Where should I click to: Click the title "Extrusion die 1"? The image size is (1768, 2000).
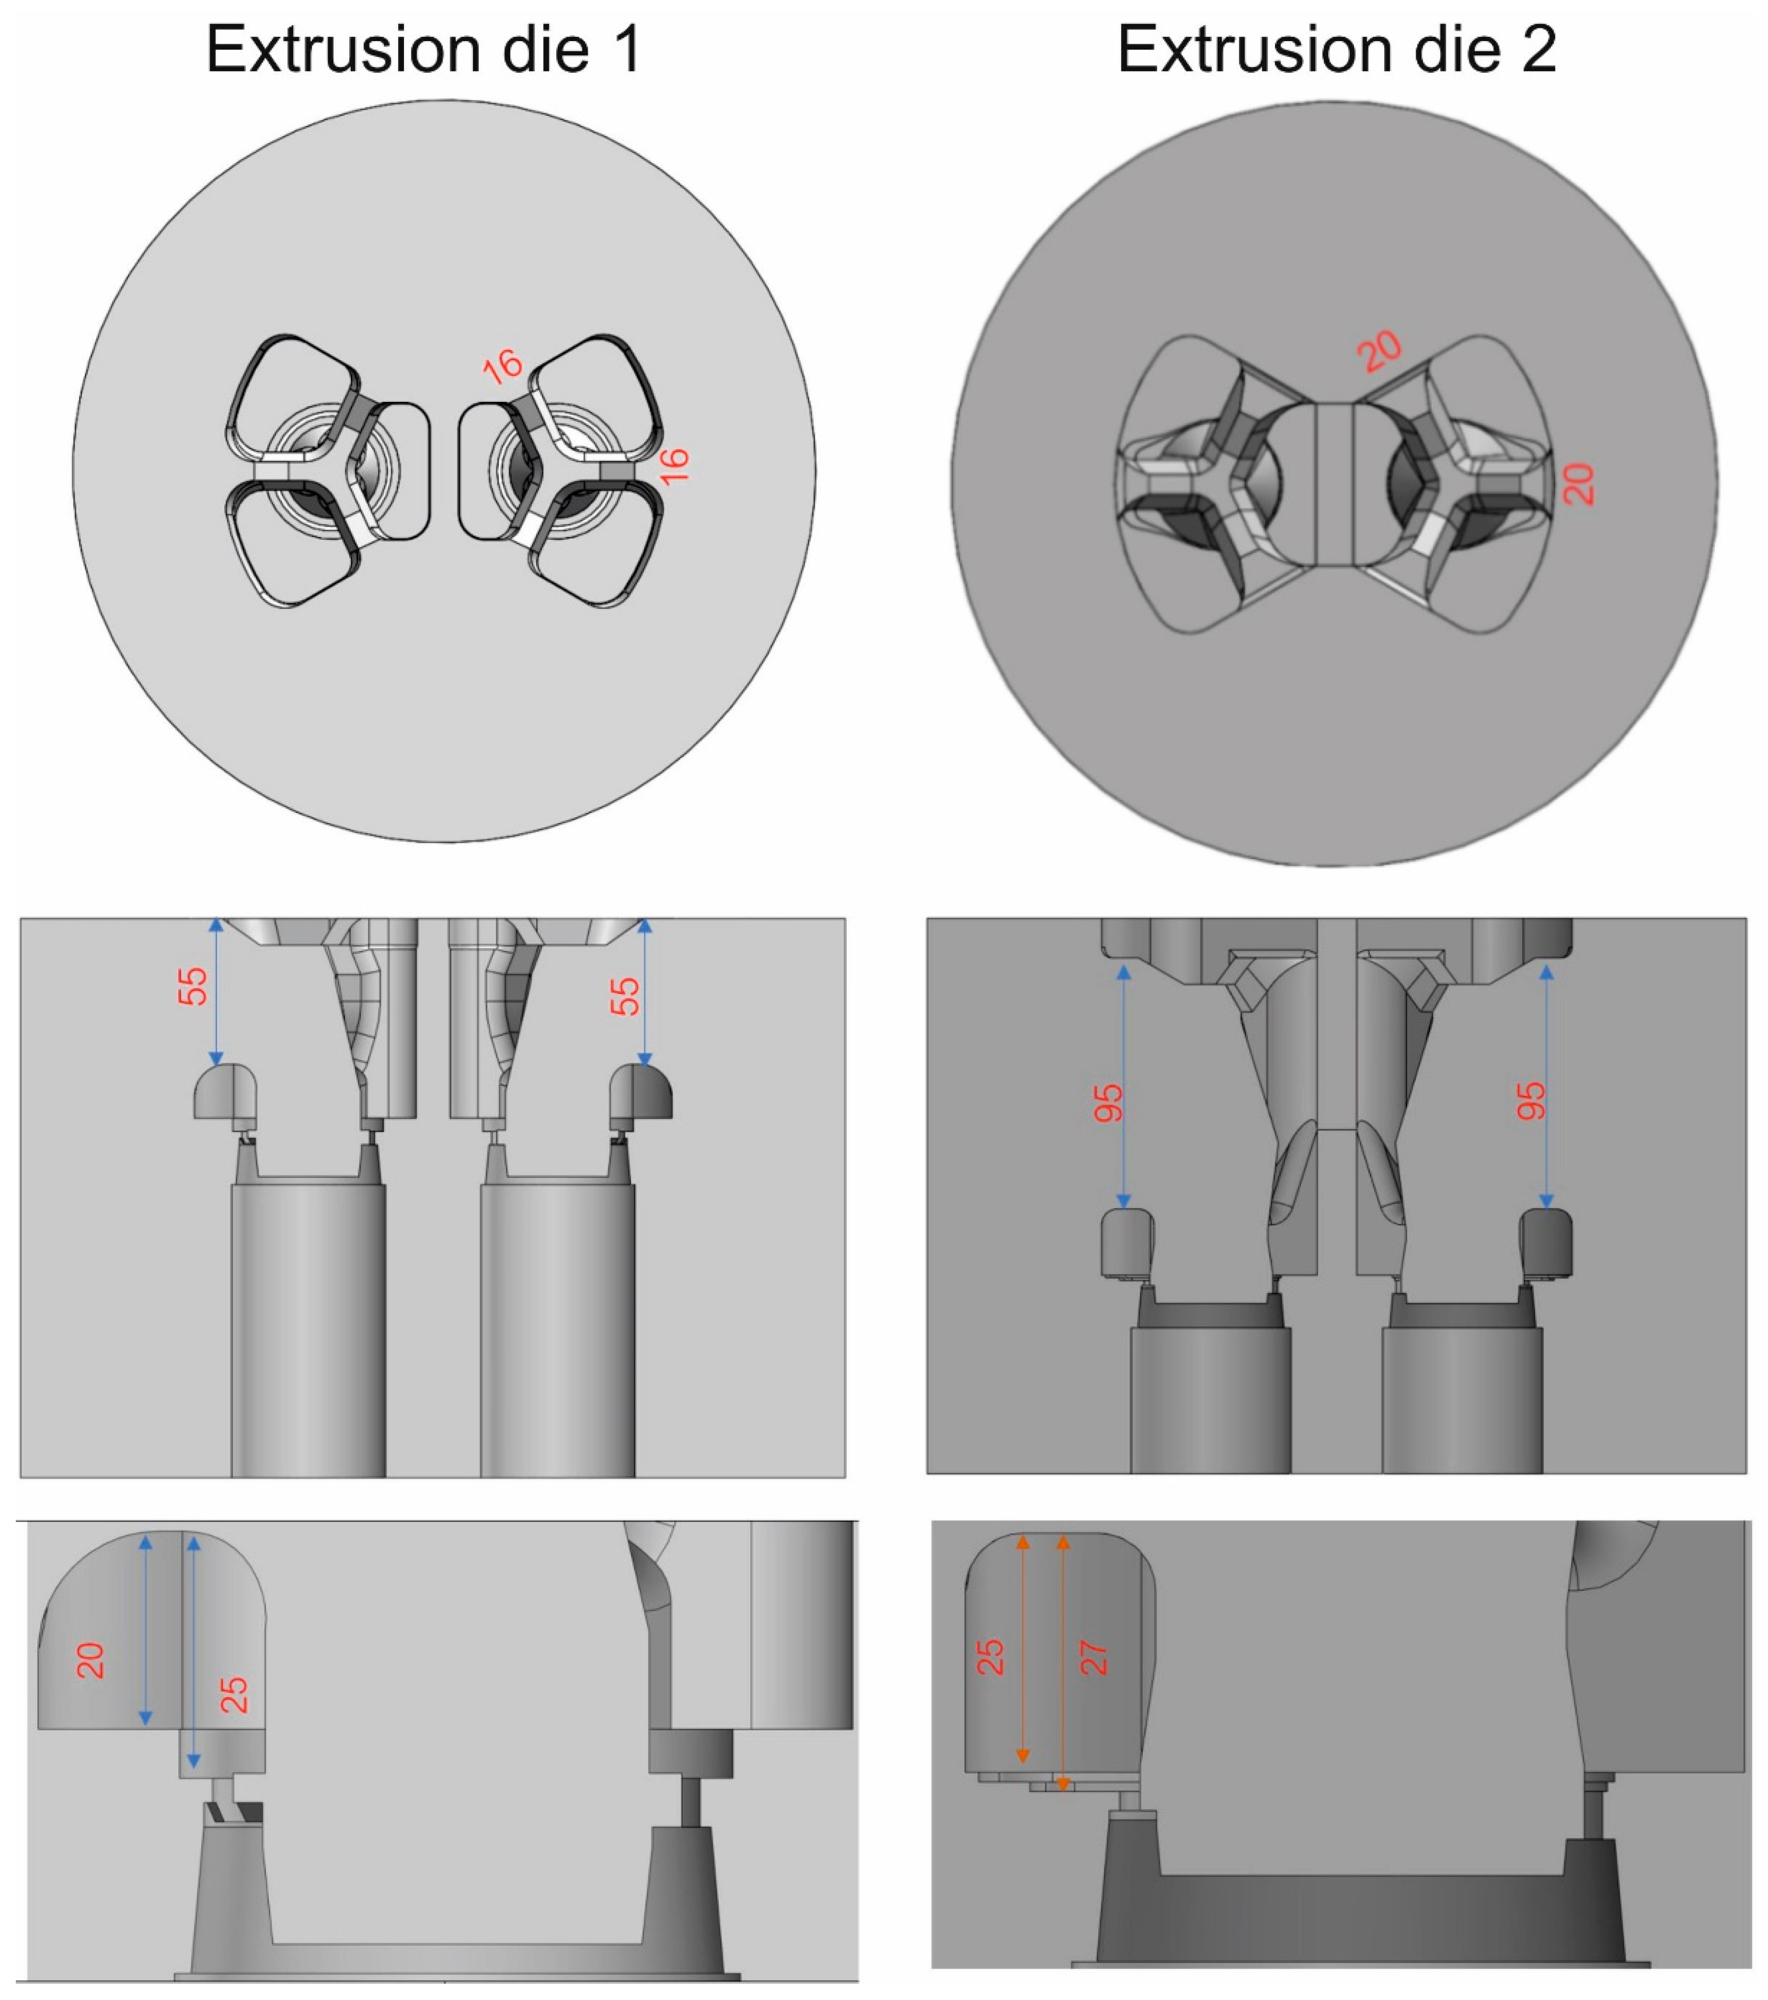click(423, 49)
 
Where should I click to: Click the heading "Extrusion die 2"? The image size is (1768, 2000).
click(1337, 49)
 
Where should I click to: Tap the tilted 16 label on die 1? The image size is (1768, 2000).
click(502, 367)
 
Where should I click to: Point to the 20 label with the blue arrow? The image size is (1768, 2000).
click(91, 1660)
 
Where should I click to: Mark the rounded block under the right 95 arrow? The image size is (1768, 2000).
click(1546, 1243)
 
